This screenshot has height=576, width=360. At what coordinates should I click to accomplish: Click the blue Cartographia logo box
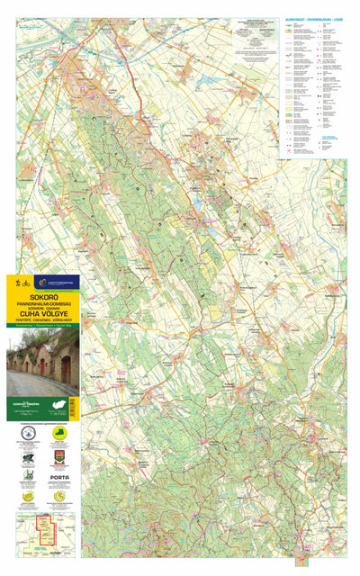pyautogui.click(x=57, y=282)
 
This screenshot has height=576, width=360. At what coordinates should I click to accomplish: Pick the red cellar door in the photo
pyautogui.click(x=41, y=366)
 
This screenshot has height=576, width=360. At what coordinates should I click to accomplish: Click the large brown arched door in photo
pyautogui.click(x=66, y=369)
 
